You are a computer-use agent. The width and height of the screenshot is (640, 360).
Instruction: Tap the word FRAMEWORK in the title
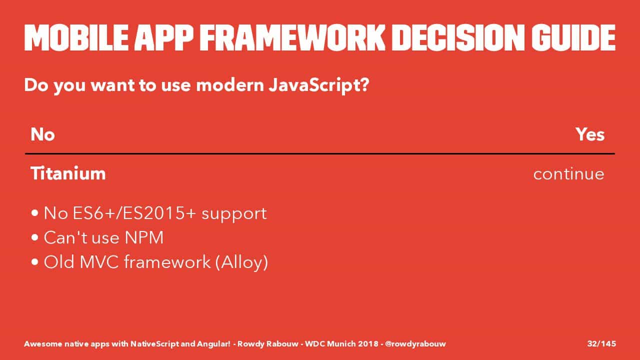[292, 38]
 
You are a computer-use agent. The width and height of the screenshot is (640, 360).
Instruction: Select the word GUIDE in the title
[573, 38]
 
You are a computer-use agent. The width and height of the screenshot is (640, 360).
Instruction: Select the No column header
[42, 134]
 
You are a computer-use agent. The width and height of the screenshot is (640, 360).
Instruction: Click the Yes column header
[590, 134]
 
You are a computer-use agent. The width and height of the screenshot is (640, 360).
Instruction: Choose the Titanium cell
[68, 173]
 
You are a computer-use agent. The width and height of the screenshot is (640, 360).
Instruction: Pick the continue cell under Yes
[569, 173]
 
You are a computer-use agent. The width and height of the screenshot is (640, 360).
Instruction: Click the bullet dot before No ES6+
[35, 213]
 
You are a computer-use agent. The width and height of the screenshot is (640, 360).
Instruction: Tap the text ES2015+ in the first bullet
[159, 213]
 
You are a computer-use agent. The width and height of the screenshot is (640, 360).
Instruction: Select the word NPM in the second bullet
[144, 237]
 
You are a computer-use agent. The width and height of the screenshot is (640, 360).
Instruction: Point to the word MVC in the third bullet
[99, 261]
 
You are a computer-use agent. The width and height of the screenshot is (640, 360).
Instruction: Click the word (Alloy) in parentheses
[241, 262]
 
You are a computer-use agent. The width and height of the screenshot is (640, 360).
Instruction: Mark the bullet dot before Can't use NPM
[35, 237]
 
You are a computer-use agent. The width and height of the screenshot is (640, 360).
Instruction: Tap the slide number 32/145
[601, 343]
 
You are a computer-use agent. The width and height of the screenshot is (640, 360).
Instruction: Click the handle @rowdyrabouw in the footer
[415, 344]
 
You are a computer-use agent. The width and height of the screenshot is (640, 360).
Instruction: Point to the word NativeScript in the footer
[154, 344]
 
